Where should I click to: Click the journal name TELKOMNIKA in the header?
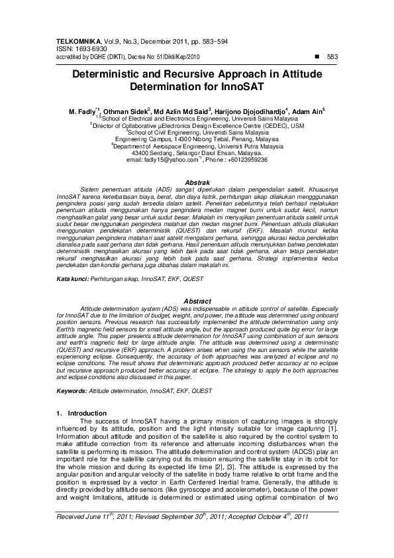(x=77, y=41)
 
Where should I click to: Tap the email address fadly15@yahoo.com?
(x=170, y=160)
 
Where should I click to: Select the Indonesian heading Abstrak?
(x=197, y=182)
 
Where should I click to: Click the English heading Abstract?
(x=197, y=301)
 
